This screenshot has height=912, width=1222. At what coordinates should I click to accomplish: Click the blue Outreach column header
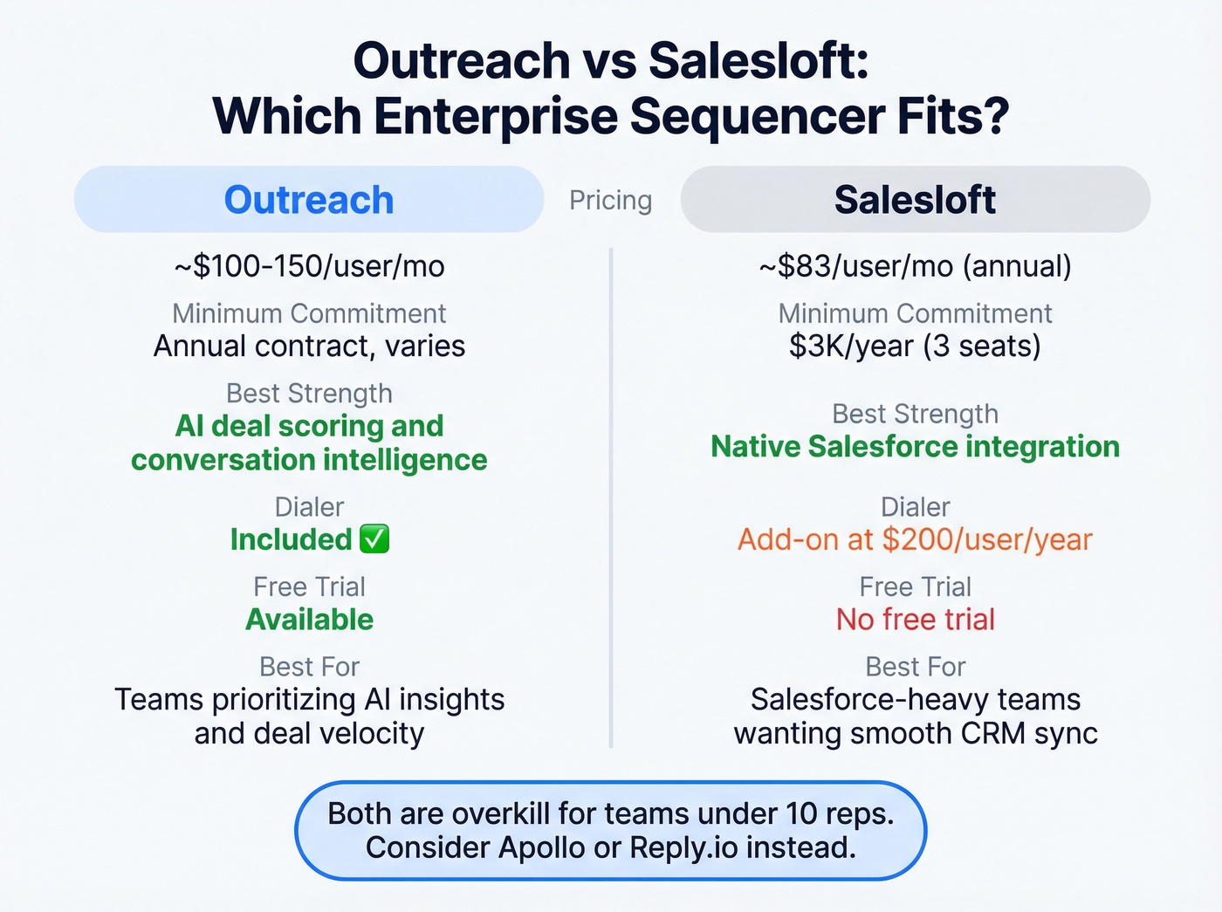pos(309,200)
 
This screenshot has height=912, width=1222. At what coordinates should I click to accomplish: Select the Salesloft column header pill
pos(915,200)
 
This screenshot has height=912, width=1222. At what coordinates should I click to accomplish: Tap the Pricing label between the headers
pos(610,201)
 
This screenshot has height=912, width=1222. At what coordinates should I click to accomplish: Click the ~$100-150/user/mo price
pos(309,266)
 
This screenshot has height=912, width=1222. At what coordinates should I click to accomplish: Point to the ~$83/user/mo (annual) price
pos(915,266)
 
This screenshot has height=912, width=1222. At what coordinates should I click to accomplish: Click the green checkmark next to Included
pos(374,539)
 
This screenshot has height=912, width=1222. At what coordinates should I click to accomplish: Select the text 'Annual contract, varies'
pos(309,346)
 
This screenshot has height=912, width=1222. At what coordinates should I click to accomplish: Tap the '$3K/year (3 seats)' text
pos(915,346)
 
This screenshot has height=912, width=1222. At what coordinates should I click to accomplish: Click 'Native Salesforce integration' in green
pos(915,447)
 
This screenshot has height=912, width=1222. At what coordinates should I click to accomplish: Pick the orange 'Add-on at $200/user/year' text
pos(915,540)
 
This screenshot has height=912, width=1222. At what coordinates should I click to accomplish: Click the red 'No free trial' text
pos(915,620)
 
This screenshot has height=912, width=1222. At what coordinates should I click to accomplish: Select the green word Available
pos(309,620)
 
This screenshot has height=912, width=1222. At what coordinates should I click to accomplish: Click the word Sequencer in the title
pos(756,116)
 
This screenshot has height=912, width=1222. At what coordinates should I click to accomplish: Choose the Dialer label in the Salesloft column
pos(915,507)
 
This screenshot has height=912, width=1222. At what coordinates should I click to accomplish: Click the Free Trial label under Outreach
pos(309,586)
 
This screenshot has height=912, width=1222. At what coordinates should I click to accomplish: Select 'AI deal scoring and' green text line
pos(309,426)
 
